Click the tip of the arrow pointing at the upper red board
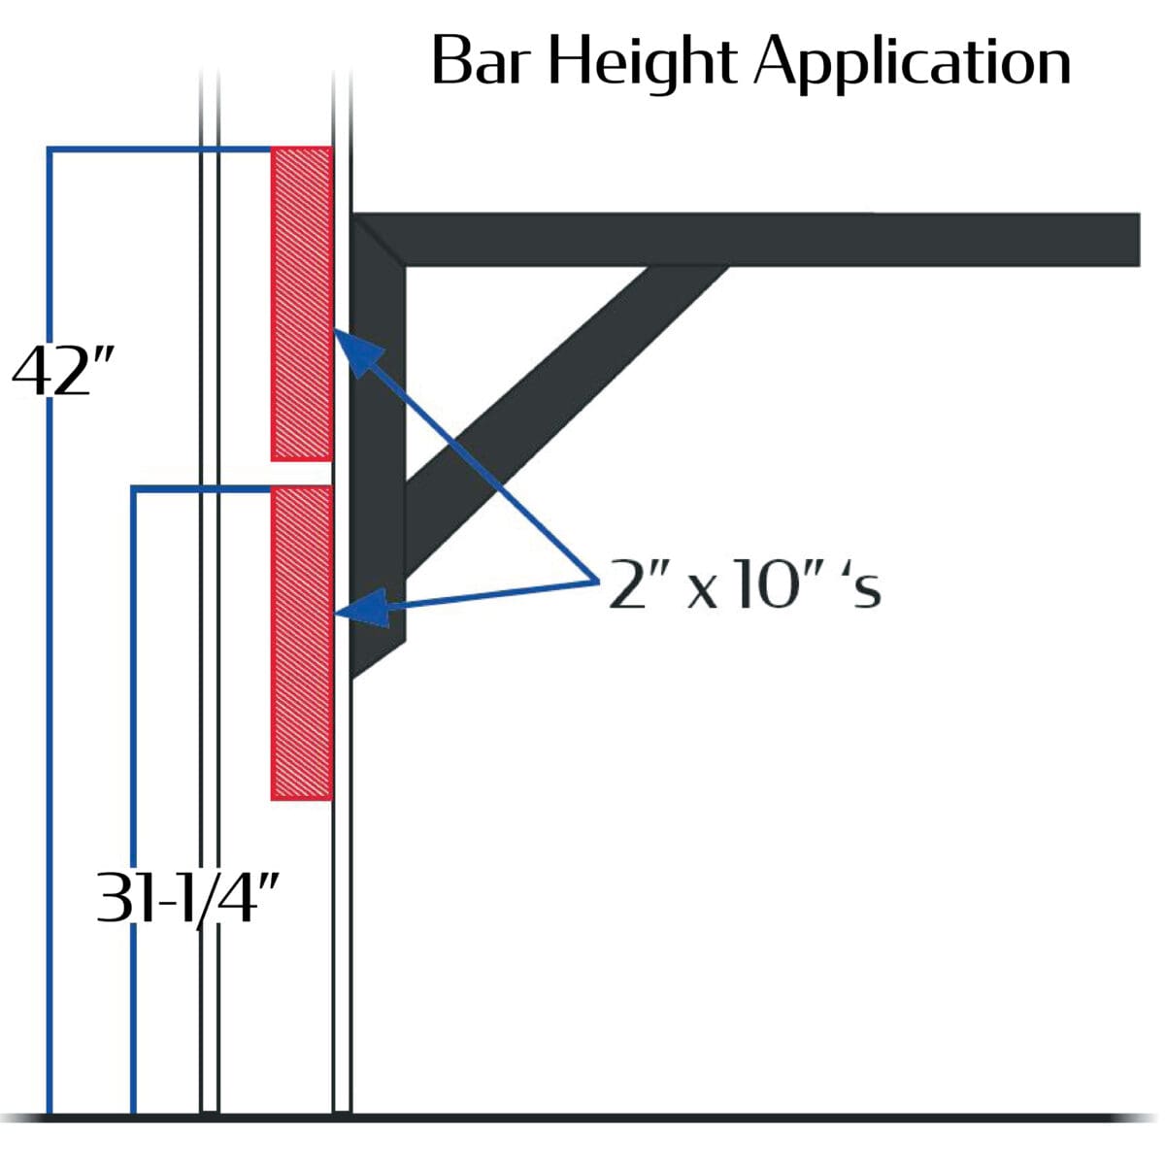pyautogui.click(x=334, y=329)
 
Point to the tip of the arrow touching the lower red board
pyautogui.click(x=334, y=615)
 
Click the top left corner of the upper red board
pyautogui.click(x=272, y=147)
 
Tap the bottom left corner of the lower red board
pyautogui.click(x=272, y=800)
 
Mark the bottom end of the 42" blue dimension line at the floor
pyautogui.click(x=50, y=1113)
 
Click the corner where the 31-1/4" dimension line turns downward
pyautogui.click(x=134, y=488)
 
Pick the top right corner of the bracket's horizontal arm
pyautogui.click(x=1140, y=214)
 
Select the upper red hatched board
pyautogui.click(x=302, y=304)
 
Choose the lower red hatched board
pyautogui.click(x=302, y=643)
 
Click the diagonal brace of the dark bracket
pyautogui.click(x=565, y=420)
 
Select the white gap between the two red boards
pyautogui.click(x=302, y=474)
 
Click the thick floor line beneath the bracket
pyautogui.click(x=581, y=1117)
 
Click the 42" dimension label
pyautogui.click(x=62, y=373)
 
